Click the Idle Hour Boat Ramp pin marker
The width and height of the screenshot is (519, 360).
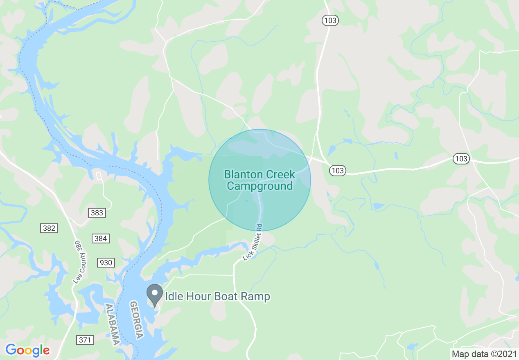(155, 294)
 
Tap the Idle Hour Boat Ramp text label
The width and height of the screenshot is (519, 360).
(217, 296)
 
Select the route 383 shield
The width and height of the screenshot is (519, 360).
(97, 213)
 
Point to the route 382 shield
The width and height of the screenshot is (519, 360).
(49, 228)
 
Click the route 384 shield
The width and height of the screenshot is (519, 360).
(101, 239)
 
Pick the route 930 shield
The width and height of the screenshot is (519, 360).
(106, 263)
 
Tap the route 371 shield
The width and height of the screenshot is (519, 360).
(85, 340)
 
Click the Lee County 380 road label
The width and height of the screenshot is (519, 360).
(81, 262)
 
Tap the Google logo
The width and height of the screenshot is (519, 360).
(28, 350)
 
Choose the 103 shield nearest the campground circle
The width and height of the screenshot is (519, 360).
(338, 170)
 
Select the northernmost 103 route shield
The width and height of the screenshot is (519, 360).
(330, 20)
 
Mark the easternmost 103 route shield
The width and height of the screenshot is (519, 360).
(461, 159)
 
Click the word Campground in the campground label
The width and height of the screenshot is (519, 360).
(260, 187)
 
